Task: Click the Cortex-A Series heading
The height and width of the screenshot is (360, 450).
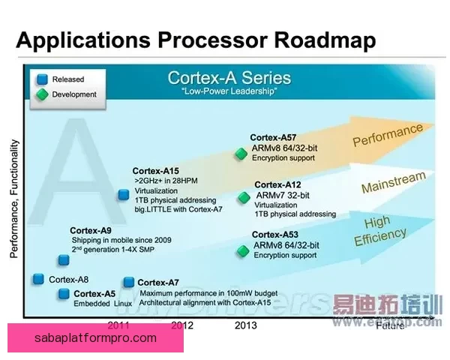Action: coord(229,77)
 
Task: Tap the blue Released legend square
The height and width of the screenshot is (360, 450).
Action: coord(42,79)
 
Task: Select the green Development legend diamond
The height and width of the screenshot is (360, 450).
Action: coord(42,94)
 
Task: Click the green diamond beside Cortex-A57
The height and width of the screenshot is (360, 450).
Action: coord(241,154)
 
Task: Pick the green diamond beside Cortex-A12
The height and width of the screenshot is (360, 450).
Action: coord(243,198)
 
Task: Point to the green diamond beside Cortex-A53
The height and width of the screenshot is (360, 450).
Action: coord(242,251)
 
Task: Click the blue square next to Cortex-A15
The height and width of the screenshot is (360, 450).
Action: coord(123,195)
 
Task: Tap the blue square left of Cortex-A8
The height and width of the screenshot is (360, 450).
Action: coord(38,279)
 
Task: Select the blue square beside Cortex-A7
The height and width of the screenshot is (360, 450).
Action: coord(129,282)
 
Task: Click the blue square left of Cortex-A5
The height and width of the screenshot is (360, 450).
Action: coord(64,293)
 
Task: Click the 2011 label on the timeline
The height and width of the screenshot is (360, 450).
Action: coord(119,325)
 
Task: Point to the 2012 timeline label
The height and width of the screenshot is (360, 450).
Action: coord(182,325)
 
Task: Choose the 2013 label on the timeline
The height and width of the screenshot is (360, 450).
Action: coord(246,325)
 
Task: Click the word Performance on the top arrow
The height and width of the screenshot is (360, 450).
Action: coord(388,135)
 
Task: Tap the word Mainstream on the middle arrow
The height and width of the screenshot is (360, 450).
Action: coord(393,182)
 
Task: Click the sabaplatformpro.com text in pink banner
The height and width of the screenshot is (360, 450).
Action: coord(96,337)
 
